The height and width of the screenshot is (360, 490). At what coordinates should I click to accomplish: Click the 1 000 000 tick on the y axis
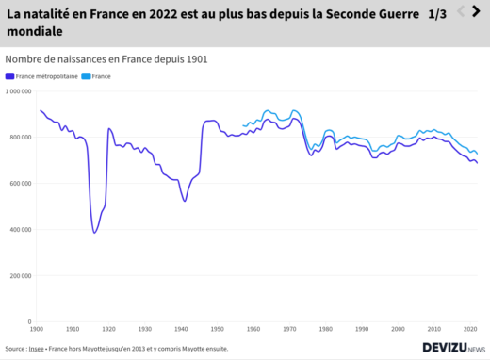coord(18,91)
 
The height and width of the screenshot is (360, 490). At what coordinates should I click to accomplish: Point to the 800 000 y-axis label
coord(20,138)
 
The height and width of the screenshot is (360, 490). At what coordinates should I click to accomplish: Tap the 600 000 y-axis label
coord(20,184)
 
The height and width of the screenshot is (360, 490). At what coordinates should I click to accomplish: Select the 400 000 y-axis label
coord(20,230)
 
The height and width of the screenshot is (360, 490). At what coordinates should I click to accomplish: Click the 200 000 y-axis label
coord(20,276)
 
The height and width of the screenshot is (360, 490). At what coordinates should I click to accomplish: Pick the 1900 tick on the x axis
coord(37,329)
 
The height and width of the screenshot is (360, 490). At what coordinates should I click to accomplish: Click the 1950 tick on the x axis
coord(218,329)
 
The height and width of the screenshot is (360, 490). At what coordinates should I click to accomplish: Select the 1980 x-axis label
coord(326,329)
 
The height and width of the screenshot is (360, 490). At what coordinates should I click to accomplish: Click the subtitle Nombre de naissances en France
coord(106,58)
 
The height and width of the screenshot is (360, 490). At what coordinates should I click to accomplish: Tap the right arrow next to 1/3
coord(477,11)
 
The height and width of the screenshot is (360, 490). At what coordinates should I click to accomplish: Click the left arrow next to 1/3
coord(461,11)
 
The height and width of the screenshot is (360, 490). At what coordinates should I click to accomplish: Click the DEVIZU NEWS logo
coord(453,348)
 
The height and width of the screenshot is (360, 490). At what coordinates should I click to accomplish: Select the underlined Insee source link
coord(36,348)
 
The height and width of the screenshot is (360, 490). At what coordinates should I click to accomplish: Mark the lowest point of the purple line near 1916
coord(94,233)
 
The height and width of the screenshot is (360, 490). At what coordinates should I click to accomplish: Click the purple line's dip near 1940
coord(185,201)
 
